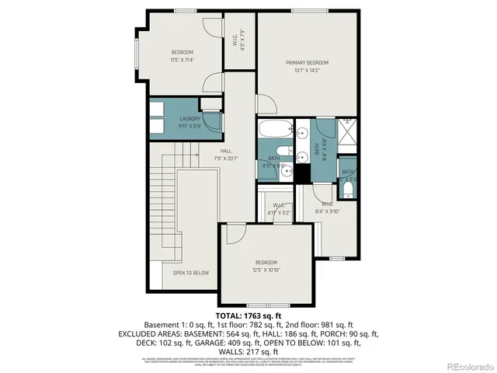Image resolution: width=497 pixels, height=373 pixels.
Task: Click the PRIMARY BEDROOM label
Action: [x=307, y=62]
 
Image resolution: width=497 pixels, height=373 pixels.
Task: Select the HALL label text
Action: [x=225, y=151]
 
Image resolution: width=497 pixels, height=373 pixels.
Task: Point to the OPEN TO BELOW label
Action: [x=190, y=273]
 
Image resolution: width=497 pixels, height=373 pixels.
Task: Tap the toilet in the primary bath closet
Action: [x=348, y=187]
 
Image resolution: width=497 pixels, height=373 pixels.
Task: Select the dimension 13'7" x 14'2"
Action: [x=307, y=71]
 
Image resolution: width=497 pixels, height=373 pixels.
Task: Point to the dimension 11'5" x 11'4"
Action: [x=182, y=59]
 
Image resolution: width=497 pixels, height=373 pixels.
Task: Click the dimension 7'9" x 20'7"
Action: [x=225, y=159]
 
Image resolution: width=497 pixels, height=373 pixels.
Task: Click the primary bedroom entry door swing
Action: [x=266, y=106]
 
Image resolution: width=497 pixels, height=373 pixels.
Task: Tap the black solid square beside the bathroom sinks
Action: [x=301, y=173]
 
